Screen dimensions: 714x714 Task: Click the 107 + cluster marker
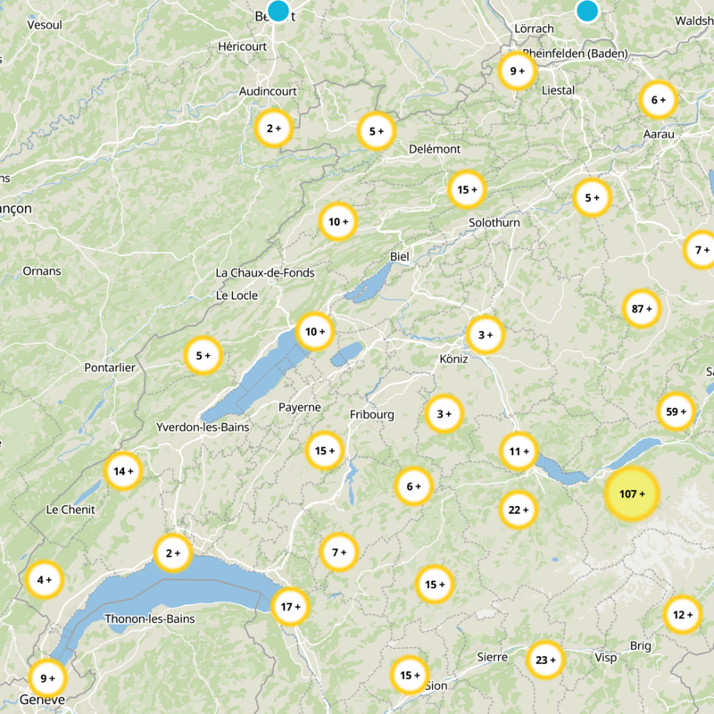[x=632, y=494]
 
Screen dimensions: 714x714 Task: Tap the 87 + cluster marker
[x=642, y=310]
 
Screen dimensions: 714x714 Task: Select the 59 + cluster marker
[x=676, y=411]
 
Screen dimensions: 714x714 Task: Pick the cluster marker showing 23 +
[x=545, y=660]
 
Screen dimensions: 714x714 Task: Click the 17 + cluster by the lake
[x=291, y=607]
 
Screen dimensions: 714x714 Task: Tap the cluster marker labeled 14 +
[x=123, y=470]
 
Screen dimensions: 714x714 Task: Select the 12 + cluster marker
[x=683, y=615]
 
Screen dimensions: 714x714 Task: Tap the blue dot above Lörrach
[x=586, y=10]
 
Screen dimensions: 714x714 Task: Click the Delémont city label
[x=435, y=149]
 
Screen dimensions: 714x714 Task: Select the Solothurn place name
[x=494, y=222]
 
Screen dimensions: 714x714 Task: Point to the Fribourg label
[x=372, y=415]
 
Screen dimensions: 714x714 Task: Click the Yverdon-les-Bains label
[x=203, y=428]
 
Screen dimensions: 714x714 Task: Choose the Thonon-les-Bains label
[x=150, y=619]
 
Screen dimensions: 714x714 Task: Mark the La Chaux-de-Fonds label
[x=265, y=272]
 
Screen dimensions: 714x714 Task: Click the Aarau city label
[x=659, y=134]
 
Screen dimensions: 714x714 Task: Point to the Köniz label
[x=453, y=359]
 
